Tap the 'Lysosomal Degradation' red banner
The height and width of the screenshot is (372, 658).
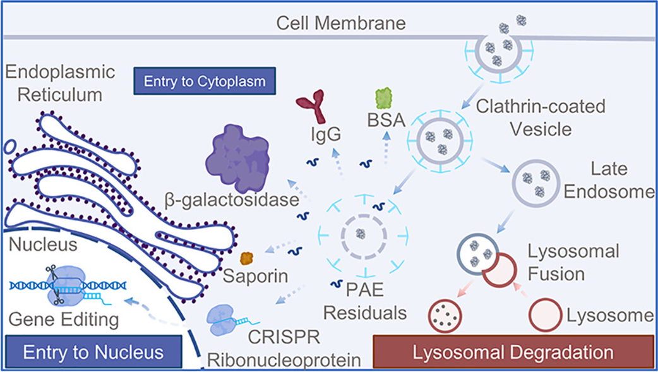pyautogui.click(x=513, y=352)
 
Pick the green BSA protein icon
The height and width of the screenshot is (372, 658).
pyautogui.click(x=383, y=97)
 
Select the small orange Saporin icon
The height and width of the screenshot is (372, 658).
pyautogui.click(x=246, y=258)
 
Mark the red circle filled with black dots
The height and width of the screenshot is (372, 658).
pyautogui.click(x=446, y=315)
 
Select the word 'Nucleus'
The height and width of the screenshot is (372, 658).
pyautogui.click(x=39, y=243)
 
